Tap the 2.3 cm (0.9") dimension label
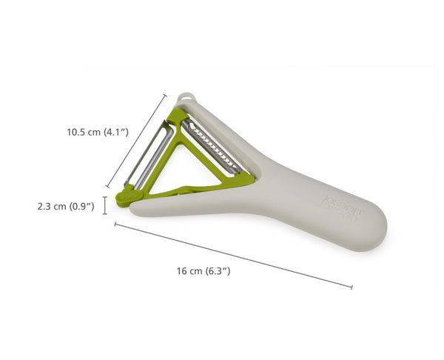pyautogui.click(x=65, y=207)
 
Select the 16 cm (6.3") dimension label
pyautogui.click(x=204, y=272)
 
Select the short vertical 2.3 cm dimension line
pyautogui.click(x=105, y=204)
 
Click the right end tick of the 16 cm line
pyautogui.click(x=351, y=287)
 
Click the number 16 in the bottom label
pyautogui.click(x=182, y=272)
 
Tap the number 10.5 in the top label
pyautogui.click(x=76, y=133)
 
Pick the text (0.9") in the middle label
pyautogui.click(x=81, y=207)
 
